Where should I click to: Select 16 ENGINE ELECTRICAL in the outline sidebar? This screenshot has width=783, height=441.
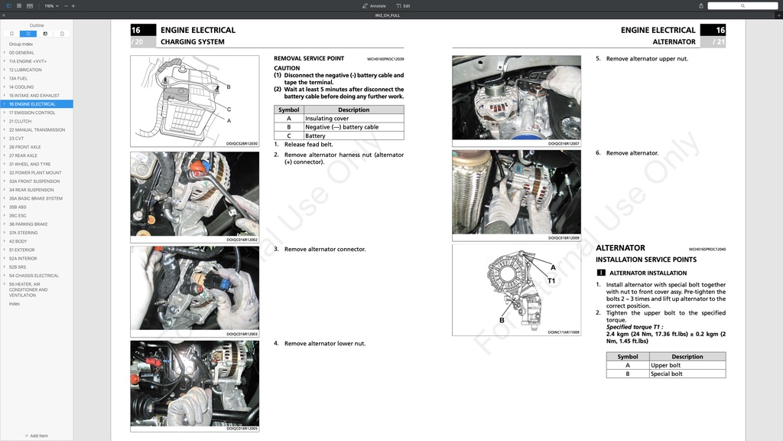pos(32,104)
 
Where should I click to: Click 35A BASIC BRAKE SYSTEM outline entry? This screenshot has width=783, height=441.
pos(36,198)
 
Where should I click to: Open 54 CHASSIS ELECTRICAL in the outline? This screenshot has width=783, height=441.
pos(34,276)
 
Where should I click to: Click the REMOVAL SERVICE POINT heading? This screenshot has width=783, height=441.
pos(309,58)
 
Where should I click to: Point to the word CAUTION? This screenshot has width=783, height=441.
pos(287,68)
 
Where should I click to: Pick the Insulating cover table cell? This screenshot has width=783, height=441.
pos(327,119)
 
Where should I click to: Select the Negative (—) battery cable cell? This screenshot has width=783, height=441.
pos(342,127)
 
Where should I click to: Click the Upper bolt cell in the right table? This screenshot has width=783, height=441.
pos(665,365)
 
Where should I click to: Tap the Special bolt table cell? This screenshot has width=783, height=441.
pos(666,374)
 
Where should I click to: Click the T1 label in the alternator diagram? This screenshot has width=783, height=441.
pos(551,281)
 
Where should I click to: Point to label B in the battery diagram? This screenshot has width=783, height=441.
pos(228,87)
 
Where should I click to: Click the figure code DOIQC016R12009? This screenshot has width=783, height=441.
pos(564,238)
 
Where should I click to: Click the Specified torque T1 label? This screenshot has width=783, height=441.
pos(634,327)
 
